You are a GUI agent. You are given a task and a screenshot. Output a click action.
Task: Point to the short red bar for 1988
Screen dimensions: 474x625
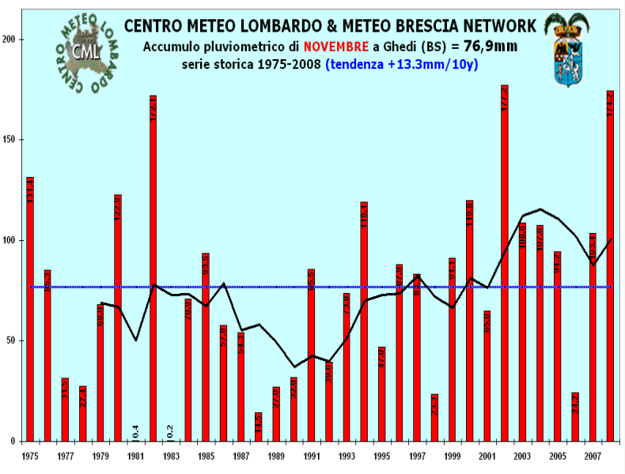coord(259,427)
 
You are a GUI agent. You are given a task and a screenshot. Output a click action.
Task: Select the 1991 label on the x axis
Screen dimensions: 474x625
coord(312,457)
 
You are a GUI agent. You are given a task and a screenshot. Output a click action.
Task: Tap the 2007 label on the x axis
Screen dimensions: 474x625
coord(592,457)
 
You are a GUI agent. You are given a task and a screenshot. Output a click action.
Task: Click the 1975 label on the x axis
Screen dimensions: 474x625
coord(30,457)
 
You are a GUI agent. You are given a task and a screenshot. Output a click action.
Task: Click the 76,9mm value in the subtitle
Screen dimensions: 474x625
coord(491,47)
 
